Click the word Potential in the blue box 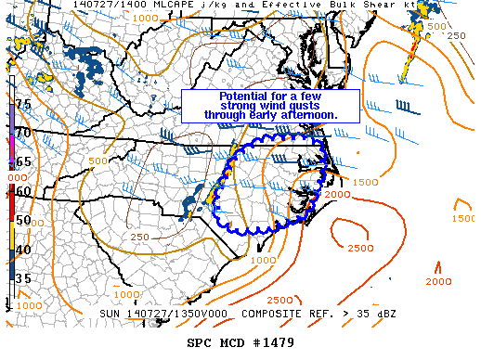[x=243, y=96]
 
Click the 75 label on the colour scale [x=23, y=104]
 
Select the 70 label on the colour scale [x=23, y=133]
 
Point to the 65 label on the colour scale [x=23, y=161]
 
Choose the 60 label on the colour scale [x=23, y=191]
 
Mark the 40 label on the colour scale [x=23, y=249]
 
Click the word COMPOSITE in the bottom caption [x=256, y=314]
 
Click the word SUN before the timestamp [x=110, y=314]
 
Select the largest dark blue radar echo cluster [x=94, y=60]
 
